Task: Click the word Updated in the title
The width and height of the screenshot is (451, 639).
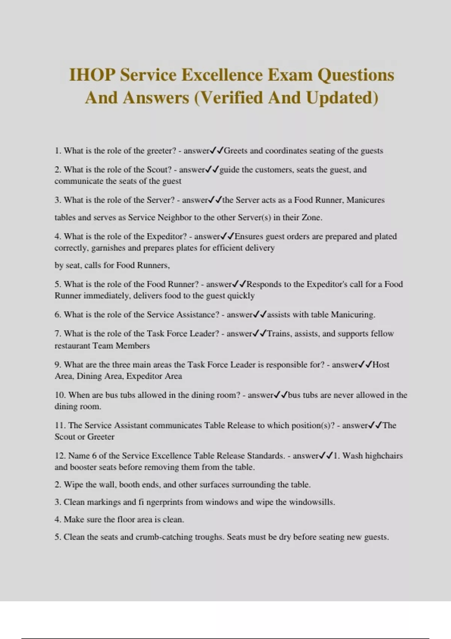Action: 342,98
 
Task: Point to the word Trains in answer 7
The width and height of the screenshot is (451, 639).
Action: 280,334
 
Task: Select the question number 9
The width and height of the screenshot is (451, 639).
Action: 58,365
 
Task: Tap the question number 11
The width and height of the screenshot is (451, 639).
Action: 60,425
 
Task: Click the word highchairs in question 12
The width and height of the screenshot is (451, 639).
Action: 384,456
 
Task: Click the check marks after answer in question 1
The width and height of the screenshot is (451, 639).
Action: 217,151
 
